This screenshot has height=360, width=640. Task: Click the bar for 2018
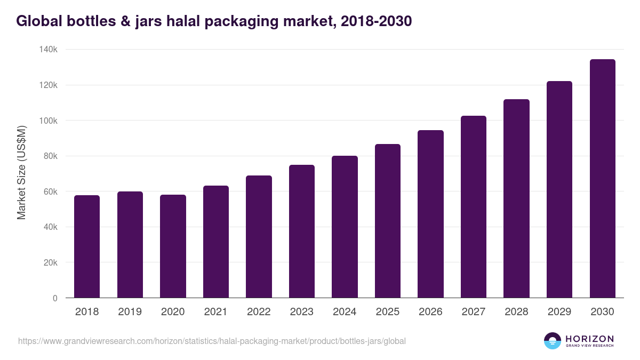(x=87, y=246)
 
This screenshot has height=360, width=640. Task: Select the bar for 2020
(x=173, y=246)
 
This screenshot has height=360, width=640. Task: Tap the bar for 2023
(x=302, y=231)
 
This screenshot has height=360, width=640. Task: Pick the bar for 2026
(x=430, y=214)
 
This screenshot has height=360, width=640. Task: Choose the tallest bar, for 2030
(x=602, y=179)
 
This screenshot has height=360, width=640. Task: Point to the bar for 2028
(x=516, y=198)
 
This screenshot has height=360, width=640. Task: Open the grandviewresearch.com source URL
(x=212, y=341)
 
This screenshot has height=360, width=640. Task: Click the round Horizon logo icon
(x=553, y=341)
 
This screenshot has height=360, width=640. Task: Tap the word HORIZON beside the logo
(x=589, y=339)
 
